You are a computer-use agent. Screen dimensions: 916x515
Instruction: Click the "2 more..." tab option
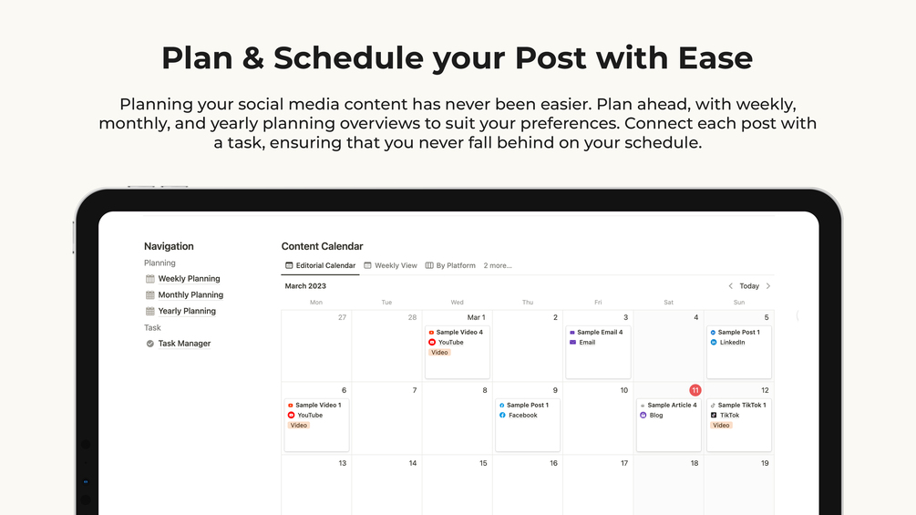498,265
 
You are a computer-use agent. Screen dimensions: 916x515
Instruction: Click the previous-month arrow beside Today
730,286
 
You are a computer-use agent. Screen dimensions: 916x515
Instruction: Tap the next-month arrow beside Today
768,286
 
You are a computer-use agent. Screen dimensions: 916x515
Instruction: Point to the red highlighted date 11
695,390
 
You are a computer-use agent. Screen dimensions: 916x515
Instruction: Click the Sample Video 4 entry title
459,332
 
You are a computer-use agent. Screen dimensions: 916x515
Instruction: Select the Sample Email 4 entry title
600,332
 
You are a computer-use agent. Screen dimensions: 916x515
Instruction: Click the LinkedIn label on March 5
733,343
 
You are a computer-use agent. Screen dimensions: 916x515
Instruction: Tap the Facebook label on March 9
523,415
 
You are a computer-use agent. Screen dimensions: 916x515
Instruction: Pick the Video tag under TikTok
722,426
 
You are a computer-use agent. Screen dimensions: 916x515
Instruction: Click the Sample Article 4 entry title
673,406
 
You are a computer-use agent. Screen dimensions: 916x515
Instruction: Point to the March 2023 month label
305,286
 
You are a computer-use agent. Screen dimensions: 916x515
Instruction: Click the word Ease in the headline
715,57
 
